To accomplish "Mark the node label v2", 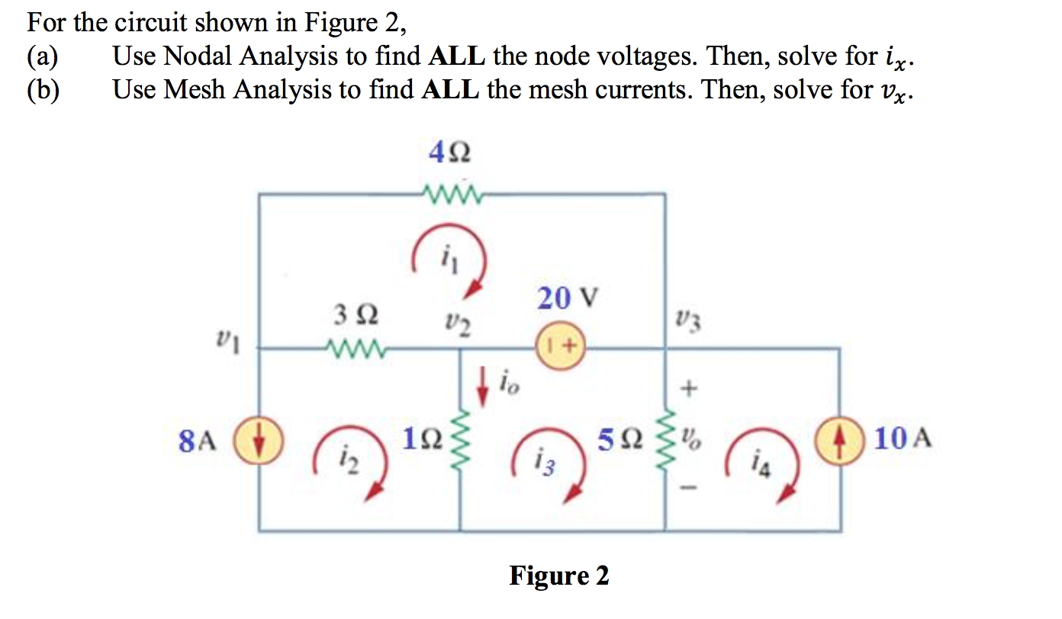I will pyautogui.click(x=457, y=326).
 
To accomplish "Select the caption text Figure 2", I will pyautogui.click(x=559, y=576).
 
